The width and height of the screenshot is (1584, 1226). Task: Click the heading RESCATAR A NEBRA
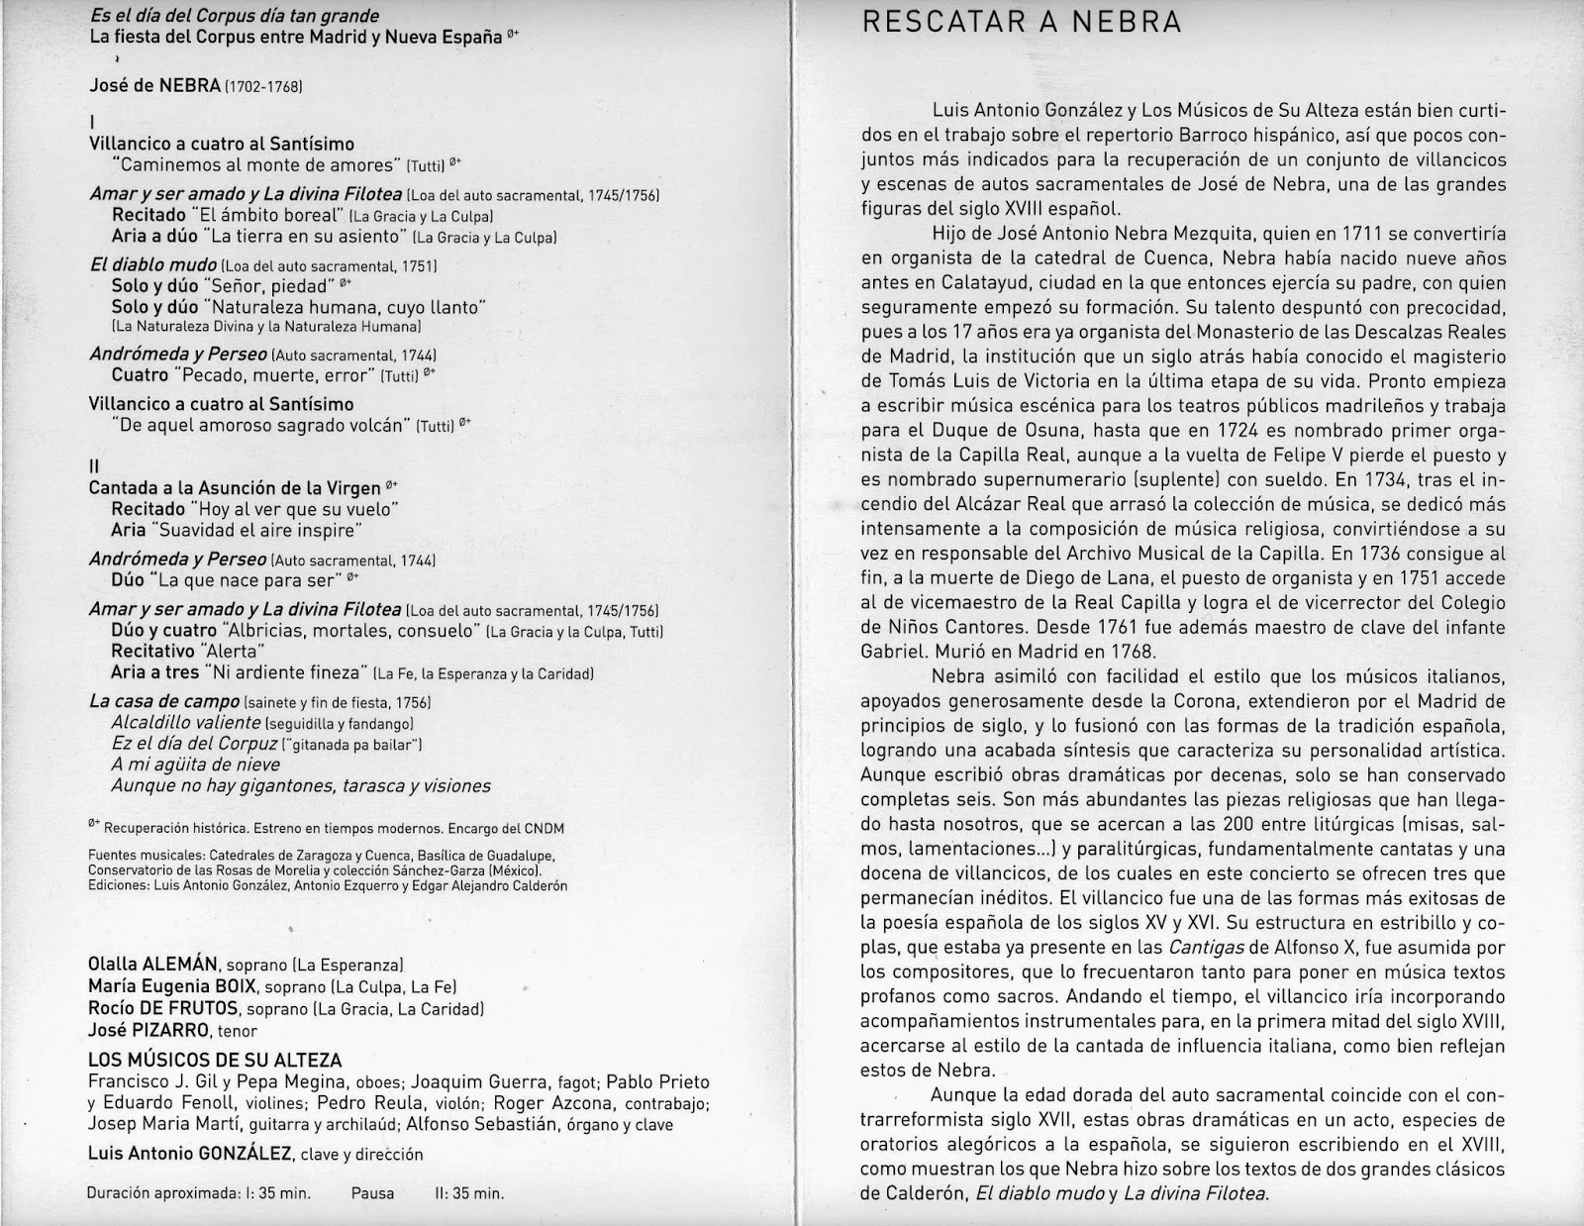tap(1022, 22)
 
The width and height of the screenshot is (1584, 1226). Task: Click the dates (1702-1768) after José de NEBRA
tap(263, 86)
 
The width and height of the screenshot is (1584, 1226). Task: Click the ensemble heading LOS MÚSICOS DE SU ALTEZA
tap(215, 1060)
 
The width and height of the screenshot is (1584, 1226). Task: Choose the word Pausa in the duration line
tap(372, 1193)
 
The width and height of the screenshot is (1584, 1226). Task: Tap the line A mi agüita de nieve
tap(196, 765)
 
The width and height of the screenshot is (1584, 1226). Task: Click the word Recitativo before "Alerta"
tap(153, 652)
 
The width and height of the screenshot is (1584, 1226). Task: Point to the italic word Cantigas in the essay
tap(1199, 948)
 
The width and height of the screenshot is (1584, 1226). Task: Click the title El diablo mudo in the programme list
tap(152, 265)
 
